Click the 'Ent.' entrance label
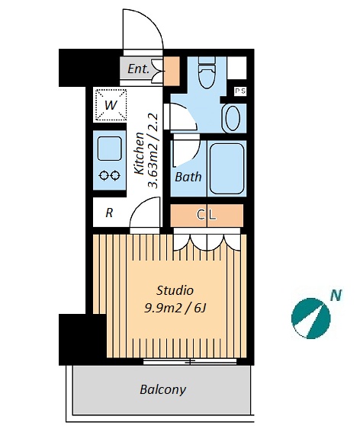138,69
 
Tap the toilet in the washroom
207,72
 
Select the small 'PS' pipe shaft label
240,91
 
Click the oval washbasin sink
233,118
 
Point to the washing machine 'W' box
110,105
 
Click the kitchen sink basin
110,149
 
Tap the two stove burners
110,175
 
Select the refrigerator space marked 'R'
109,213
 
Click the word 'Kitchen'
140,153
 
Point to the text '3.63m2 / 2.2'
153,151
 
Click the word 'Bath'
188,177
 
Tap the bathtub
227,169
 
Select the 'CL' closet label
207,215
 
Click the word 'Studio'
175,290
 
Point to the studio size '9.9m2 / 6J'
175,309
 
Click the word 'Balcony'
162,390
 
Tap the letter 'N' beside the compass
336,296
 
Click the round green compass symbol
311,318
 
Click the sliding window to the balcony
190,361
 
